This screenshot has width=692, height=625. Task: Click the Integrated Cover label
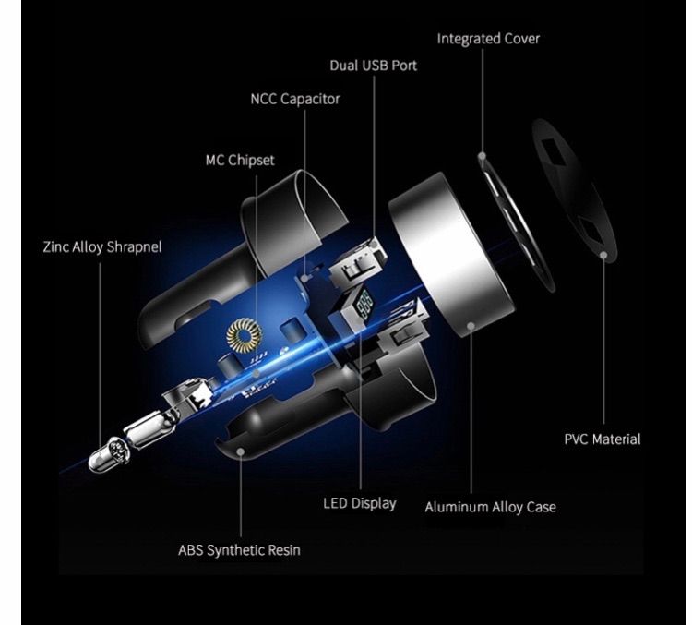point(488,39)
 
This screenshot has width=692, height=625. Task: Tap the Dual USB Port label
point(374,66)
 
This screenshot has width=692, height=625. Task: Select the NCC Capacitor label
point(295,99)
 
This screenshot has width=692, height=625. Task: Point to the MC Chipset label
point(240,160)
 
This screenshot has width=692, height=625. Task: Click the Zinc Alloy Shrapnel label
point(102,246)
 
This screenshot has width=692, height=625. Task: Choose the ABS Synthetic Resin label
point(239,550)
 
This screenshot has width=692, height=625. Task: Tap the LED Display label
point(360,503)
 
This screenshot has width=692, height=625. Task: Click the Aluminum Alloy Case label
point(490,507)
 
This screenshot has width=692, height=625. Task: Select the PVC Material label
point(603,439)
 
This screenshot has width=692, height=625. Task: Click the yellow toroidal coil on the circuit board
point(245,335)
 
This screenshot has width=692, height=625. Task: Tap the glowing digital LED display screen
point(366,305)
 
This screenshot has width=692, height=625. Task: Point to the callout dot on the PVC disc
point(603,255)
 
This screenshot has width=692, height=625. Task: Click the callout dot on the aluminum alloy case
point(471,326)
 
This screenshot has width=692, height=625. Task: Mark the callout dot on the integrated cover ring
point(483,156)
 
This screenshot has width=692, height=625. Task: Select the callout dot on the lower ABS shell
point(241,451)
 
